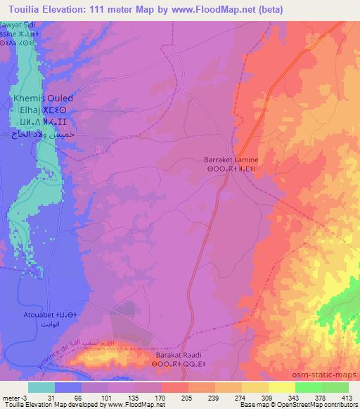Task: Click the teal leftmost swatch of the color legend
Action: pos(41,387)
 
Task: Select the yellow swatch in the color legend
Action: pos(281,387)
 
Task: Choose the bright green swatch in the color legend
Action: pos(308,387)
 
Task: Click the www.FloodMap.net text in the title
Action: pos(215,8)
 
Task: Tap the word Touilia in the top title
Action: pos(20,8)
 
